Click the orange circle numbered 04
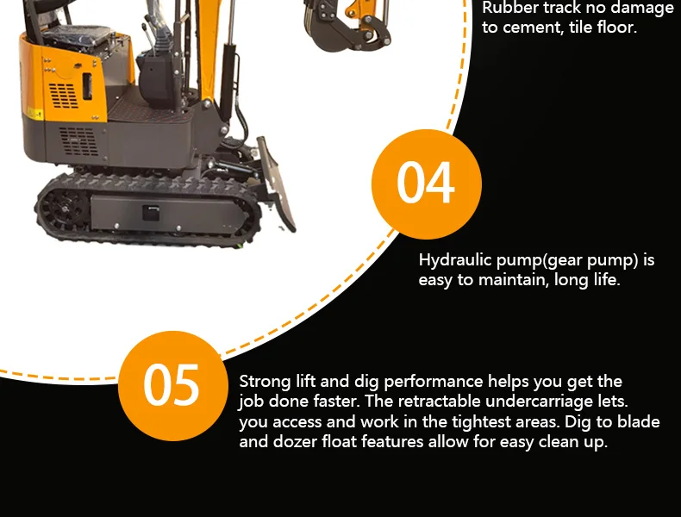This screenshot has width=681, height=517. click(x=426, y=184)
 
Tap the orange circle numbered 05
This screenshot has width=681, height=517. click(x=172, y=385)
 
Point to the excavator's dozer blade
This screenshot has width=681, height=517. click(x=275, y=182)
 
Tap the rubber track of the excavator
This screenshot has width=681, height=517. click(x=147, y=208)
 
